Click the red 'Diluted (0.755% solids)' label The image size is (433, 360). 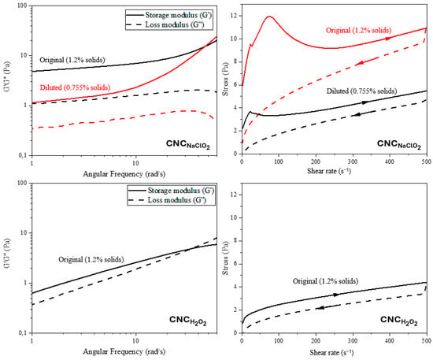(75, 87)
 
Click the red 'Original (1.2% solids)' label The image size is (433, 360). (359, 30)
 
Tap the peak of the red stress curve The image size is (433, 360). (269, 17)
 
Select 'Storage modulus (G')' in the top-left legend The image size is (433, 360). (179, 15)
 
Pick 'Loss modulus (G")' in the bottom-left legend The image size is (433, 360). (177, 200)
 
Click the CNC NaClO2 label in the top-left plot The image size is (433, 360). (188, 144)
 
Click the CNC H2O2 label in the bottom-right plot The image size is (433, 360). (399, 321)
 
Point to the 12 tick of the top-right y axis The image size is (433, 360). (234, 16)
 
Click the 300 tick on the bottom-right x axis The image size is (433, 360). (353, 340)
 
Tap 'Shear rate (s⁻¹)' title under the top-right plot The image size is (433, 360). (329, 171)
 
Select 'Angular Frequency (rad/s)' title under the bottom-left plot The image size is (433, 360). (124, 351)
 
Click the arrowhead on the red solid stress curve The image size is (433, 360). (389, 39)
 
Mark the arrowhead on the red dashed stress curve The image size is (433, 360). (359, 63)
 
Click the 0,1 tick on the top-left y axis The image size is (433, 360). (24, 155)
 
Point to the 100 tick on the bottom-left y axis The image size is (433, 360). (24, 183)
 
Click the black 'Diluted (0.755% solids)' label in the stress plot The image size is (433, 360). (361, 91)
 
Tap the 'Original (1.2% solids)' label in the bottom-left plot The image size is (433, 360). (91, 259)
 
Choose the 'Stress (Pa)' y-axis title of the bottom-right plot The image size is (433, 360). (226, 258)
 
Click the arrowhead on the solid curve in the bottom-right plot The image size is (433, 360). (336, 295)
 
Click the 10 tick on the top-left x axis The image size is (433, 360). (135, 163)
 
